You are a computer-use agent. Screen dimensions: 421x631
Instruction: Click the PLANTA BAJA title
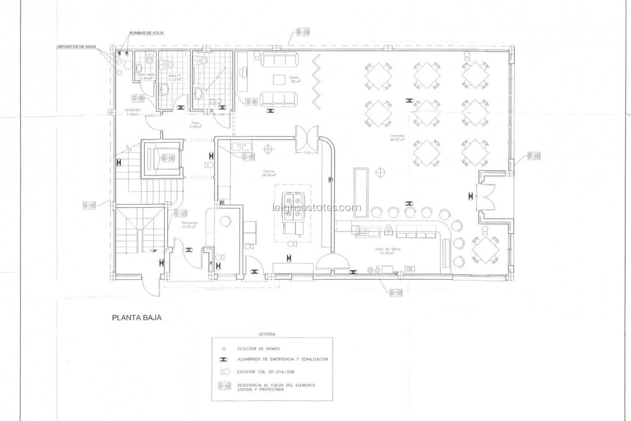click(x=137, y=318)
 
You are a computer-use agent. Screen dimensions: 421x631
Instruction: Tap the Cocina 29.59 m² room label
click(x=269, y=173)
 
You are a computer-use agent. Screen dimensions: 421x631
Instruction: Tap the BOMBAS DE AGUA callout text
click(x=146, y=33)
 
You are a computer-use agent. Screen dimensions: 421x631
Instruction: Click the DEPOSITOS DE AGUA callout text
click(x=76, y=47)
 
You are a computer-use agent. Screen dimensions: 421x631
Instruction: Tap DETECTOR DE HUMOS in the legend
click(x=259, y=349)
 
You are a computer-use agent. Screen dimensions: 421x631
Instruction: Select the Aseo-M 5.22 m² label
click(x=215, y=101)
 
